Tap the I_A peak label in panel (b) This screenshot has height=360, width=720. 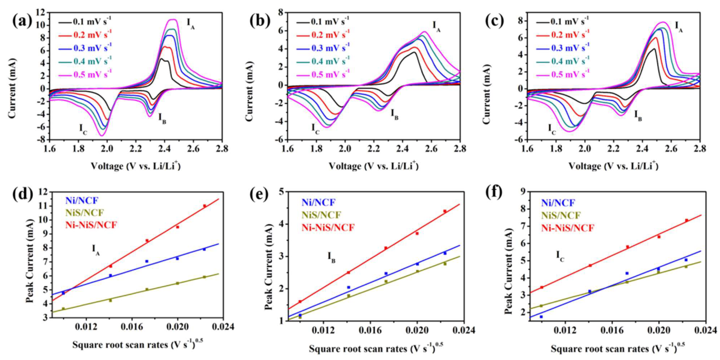[436, 25]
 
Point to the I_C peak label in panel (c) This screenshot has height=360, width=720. [552, 128]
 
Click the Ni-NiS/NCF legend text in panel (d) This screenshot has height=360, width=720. [91, 225]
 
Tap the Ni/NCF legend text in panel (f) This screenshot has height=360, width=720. [557, 202]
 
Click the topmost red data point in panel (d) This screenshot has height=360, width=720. [205, 206]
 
